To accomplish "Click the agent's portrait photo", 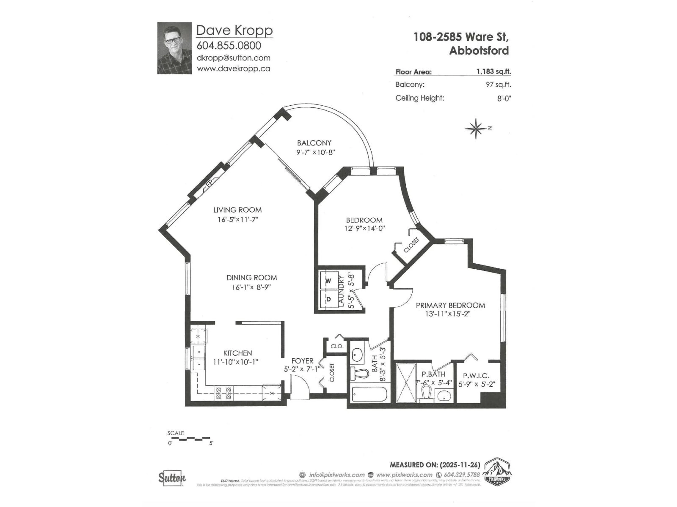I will [175, 48].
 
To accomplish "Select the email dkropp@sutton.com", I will [233, 58].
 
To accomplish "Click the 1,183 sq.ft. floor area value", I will [493, 71].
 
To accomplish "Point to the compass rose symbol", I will [476, 129].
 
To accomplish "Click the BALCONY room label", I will [314, 143].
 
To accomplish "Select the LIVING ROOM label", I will [237, 210].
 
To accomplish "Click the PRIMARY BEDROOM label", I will [450, 305].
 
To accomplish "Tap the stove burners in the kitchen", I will [223, 393].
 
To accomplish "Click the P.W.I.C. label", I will [476, 376].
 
